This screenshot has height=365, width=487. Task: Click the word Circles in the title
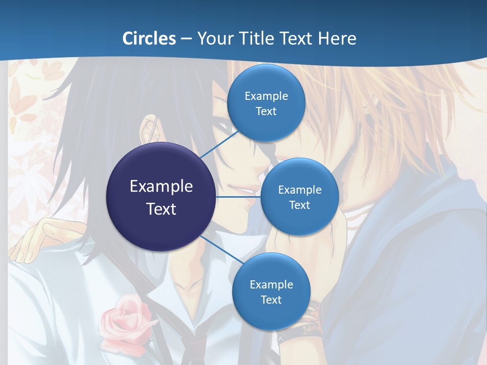[x=149, y=39]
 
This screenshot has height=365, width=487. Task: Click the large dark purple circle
[x=161, y=197]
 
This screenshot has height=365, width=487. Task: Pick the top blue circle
[x=266, y=103]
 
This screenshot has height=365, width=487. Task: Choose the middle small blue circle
[x=299, y=197]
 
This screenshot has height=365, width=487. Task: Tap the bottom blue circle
[x=271, y=291]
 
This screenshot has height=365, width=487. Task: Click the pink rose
[x=127, y=319]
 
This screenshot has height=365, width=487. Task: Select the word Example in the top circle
[x=266, y=96]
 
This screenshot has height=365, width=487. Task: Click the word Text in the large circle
[x=161, y=209]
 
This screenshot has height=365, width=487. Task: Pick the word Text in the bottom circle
[x=271, y=300]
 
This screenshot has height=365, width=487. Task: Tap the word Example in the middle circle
[x=299, y=190]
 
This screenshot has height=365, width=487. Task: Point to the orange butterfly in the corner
[x=23, y=104]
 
